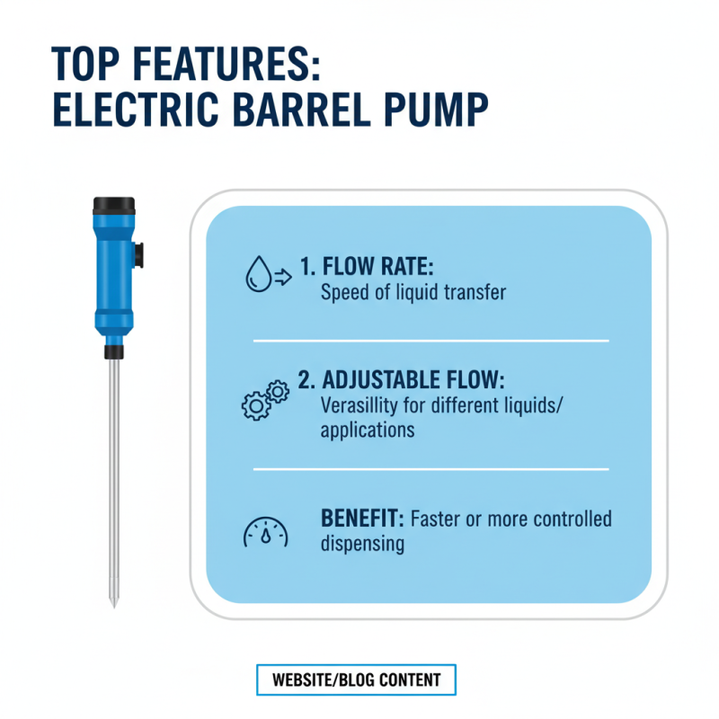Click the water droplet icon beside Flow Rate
(259, 274)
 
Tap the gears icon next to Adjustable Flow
(265, 398)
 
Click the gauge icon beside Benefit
(266, 532)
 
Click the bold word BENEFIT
(362, 519)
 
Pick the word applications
(367, 430)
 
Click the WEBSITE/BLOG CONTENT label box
(356, 679)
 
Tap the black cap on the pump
(114, 204)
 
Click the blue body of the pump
(113, 270)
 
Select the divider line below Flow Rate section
(431, 341)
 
